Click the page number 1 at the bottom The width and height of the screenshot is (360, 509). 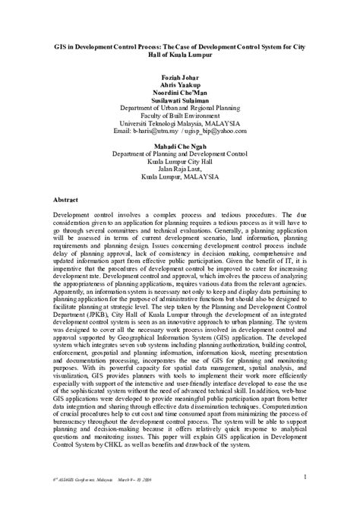coord(304,476)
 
